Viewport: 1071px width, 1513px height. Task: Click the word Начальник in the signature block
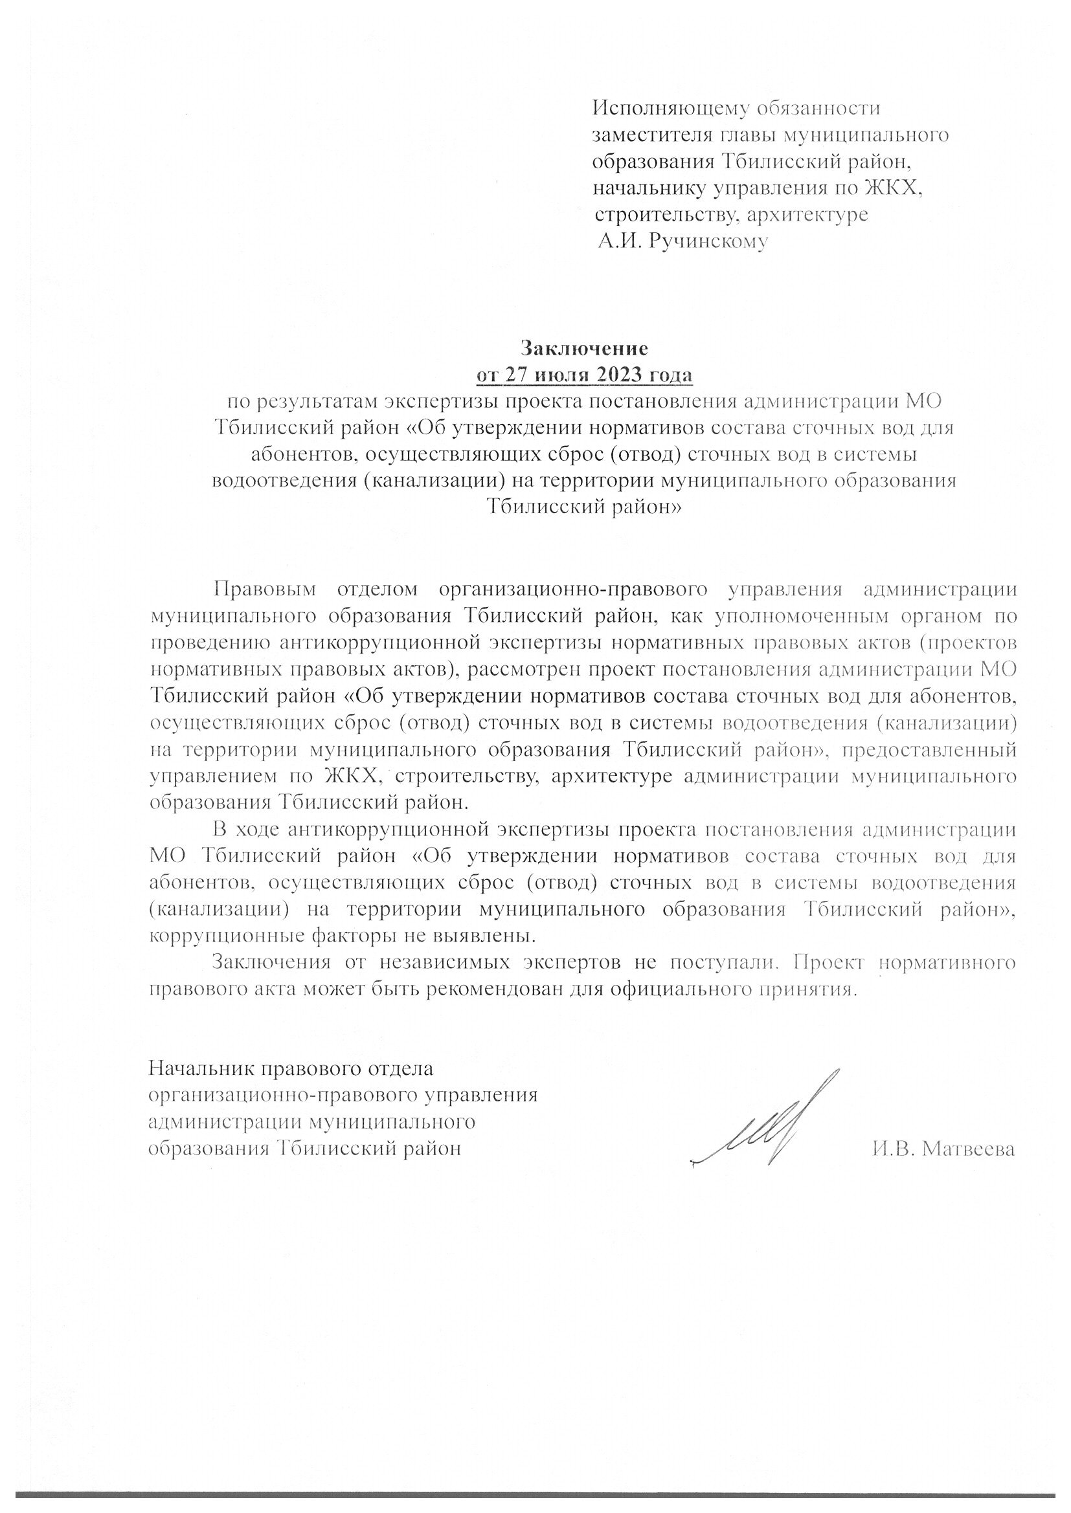click(x=202, y=1068)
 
